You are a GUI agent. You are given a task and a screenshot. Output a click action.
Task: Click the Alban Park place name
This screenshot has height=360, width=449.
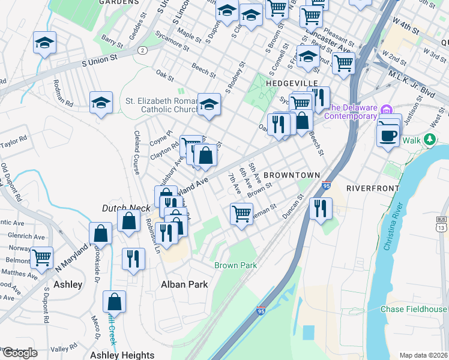click(184, 284)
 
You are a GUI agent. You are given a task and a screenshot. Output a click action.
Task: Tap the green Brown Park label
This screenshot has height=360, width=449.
click(236, 265)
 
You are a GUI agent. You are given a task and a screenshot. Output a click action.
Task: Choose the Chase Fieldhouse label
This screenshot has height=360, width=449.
click(414, 309)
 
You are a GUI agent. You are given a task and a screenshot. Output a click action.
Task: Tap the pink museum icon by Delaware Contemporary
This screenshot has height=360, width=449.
click(387, 110)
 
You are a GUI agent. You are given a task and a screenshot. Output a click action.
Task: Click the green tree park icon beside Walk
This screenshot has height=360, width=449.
click(429, 140)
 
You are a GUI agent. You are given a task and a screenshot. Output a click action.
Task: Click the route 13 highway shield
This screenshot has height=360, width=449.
click(442, 225)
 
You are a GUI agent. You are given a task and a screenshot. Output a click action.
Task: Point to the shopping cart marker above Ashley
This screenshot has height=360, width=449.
click(41, 257)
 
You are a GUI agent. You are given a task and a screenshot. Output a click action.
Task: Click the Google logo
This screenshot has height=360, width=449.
click(20, 353)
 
